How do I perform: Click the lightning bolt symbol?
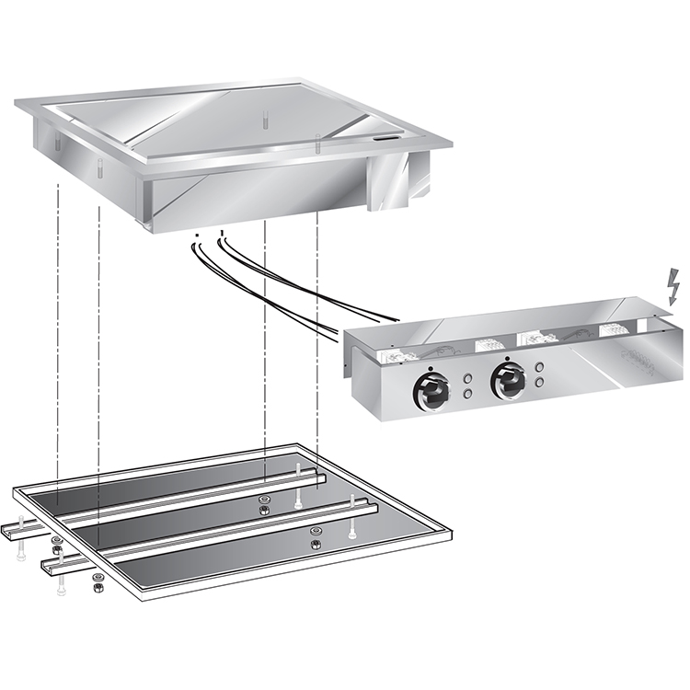pyautogui.click(x=674, y=285)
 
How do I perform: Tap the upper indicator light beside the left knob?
pyautogui.click(x=466, y=377)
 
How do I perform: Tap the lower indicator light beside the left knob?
pyautogui.click(x=466, y=394)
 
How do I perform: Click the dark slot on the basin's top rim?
pyautogui.click(x=386, y=138)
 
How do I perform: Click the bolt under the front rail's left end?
pyautogui.click(x=61, y=586)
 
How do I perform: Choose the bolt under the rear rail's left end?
pyautogui.click(x=20, y=554)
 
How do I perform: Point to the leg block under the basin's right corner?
pyautogui.click(x=400, y=181)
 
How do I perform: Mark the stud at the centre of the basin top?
pyautogui.click(x=265, y=119)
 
